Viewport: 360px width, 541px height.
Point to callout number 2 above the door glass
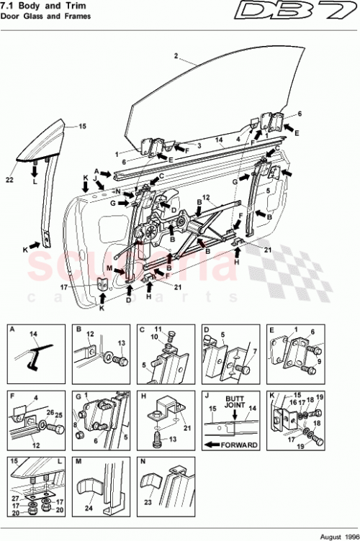[x=175, y=55]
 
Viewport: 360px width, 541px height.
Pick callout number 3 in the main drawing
[x=199, y=145]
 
